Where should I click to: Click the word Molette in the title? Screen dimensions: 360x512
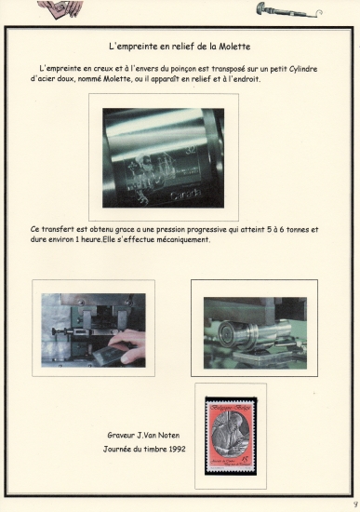234,47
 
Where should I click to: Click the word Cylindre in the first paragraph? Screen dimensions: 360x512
303,69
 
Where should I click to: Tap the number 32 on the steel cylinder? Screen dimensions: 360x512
191,150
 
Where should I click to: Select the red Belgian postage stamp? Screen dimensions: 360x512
231,436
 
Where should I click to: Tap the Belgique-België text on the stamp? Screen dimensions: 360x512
231,408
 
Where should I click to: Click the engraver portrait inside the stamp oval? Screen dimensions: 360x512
230,436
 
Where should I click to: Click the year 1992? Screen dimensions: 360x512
178,449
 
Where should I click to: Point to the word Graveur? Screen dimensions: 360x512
121,436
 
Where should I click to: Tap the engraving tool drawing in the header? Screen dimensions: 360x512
288,10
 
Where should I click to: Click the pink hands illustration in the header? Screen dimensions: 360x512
60,8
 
